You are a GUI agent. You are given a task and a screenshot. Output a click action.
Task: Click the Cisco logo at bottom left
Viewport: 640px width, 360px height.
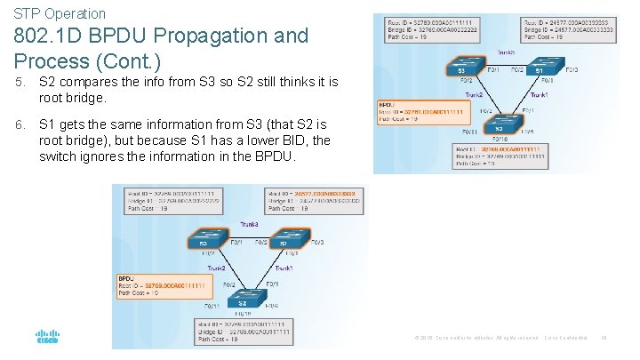tap(46, 338)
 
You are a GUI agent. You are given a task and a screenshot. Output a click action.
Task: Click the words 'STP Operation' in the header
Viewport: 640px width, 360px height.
tap(60, 13)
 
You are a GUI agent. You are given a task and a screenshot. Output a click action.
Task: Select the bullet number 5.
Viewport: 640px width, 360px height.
tap(19, 82)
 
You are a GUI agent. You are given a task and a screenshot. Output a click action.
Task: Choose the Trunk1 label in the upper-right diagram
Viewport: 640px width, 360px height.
tap(539, 95)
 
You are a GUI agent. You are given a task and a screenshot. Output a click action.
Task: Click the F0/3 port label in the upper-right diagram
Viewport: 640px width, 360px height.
tap(572, 69)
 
